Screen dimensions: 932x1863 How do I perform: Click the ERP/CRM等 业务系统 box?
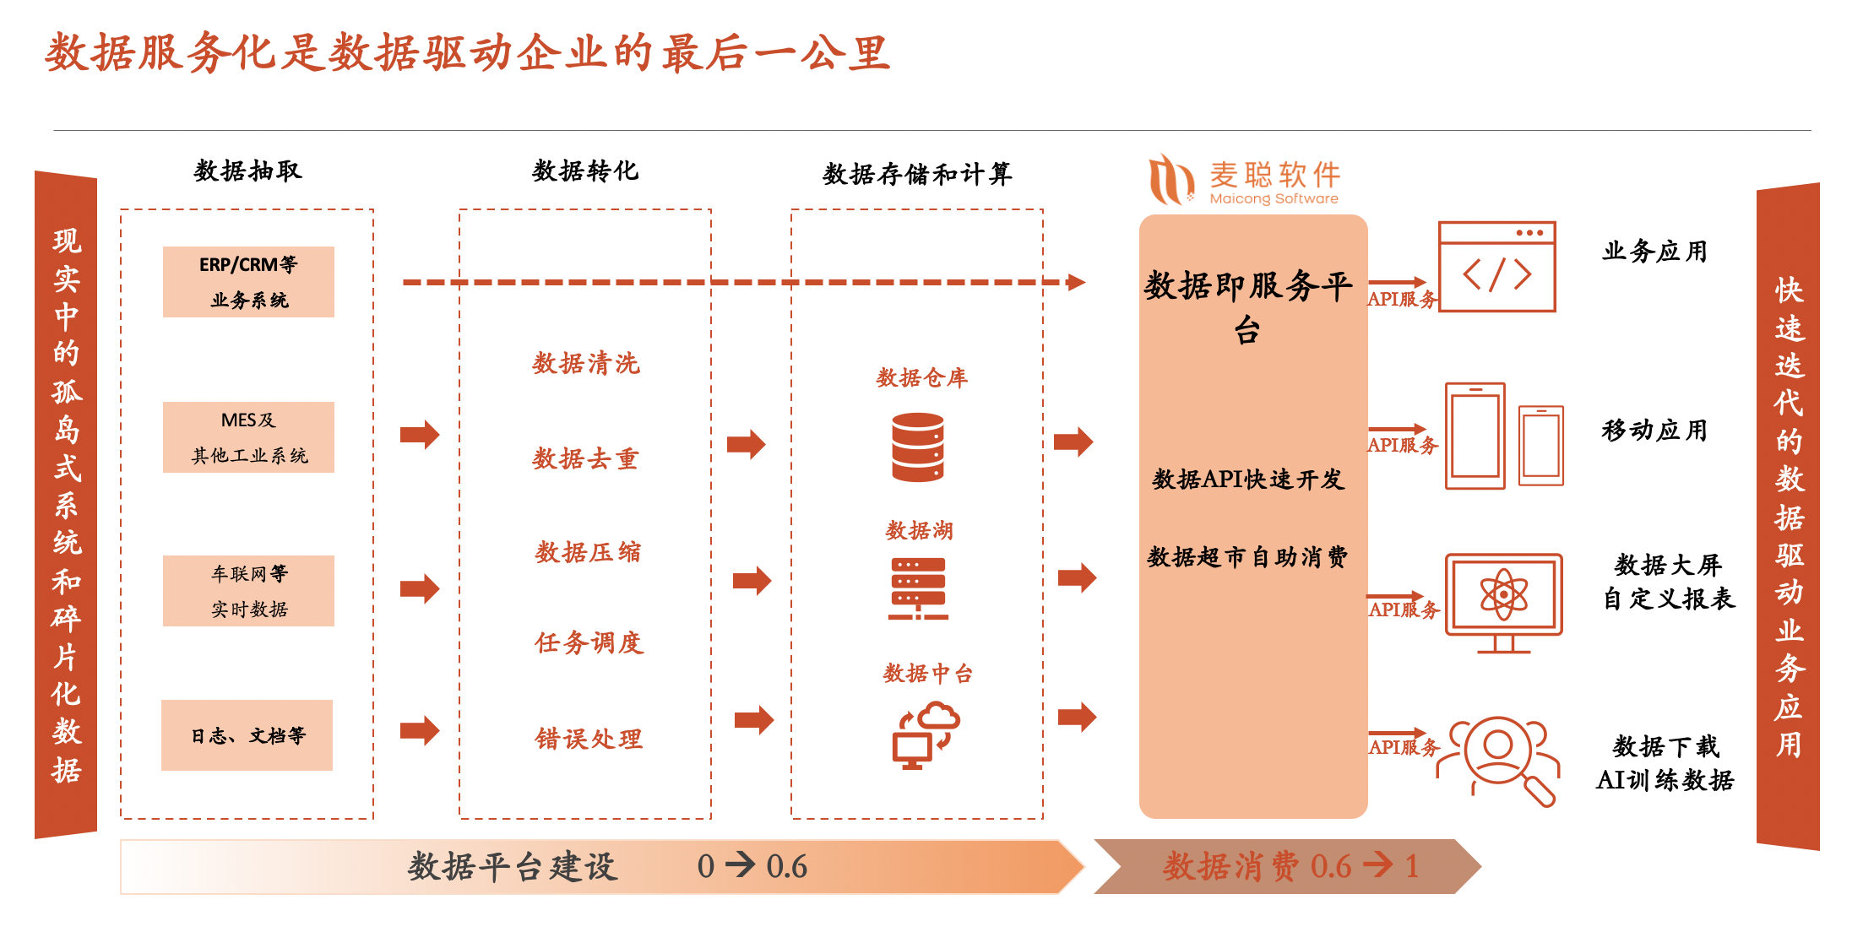[x=248, y=282]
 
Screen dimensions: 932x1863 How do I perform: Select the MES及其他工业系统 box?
[x=248, y=437]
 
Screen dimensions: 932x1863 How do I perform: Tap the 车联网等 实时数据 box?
[x=248, y=591]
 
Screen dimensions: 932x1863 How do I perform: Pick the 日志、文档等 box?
[x=247, y=735]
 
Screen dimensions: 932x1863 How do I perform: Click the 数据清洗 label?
[x=586, y=364]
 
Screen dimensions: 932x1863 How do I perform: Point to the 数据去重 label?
[x=585, y=459]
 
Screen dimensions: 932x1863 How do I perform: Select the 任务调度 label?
[x=589, y=643]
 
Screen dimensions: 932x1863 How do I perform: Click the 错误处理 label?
[x=589, y=740]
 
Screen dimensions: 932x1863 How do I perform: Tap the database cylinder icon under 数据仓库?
[x=918, y=447]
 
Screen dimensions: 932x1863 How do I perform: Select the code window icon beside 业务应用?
[x=1496, y=267]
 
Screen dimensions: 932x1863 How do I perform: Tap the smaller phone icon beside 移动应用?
[x=1541, y=446]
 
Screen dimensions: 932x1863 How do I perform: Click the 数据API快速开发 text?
[x=1248, y=480]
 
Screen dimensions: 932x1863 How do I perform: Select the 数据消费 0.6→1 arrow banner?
[x=1287, y=866]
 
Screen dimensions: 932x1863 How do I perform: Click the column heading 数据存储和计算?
[x=917, y=175]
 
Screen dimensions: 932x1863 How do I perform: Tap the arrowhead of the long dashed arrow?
[x=1076, y=282]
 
